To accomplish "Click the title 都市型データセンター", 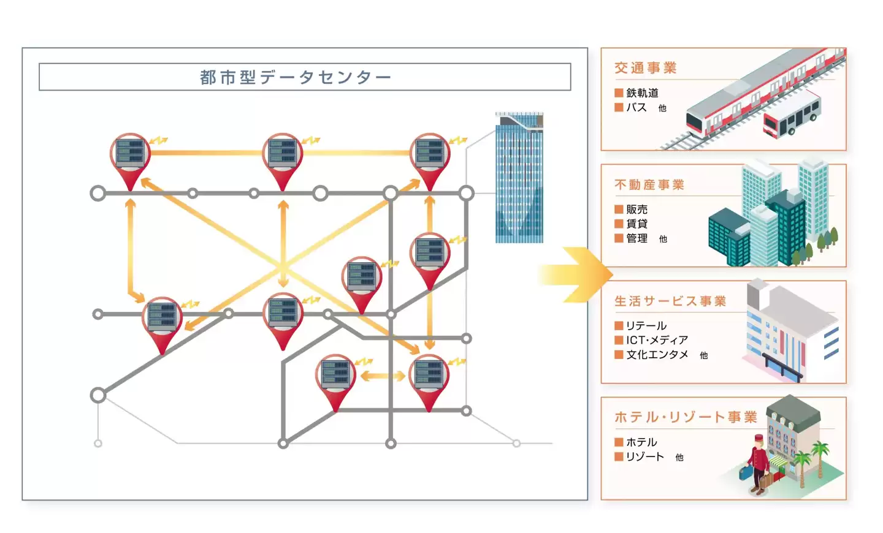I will (x=296, y=77).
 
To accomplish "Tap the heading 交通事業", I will (x=645, y=68).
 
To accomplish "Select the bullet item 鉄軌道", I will (x=642, y=93).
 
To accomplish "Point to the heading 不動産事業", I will (x=649, y=184).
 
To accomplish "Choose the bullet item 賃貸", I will (x=636, y=224).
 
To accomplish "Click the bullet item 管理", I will (x=636, y=238).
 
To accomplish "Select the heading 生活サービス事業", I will (x=670, y=301).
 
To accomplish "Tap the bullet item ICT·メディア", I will (x=657, y=340).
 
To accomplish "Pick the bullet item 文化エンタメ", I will (x=657, y=355).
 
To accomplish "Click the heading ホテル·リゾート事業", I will (x=685, y=417).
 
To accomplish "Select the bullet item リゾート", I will (x=644, y=456).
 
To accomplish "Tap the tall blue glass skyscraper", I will (x=519, y=178).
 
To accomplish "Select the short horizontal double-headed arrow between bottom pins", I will (x=382, y=376).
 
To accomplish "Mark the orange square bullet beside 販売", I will (x=619, y=210).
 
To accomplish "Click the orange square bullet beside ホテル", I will (x=619, y=442).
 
